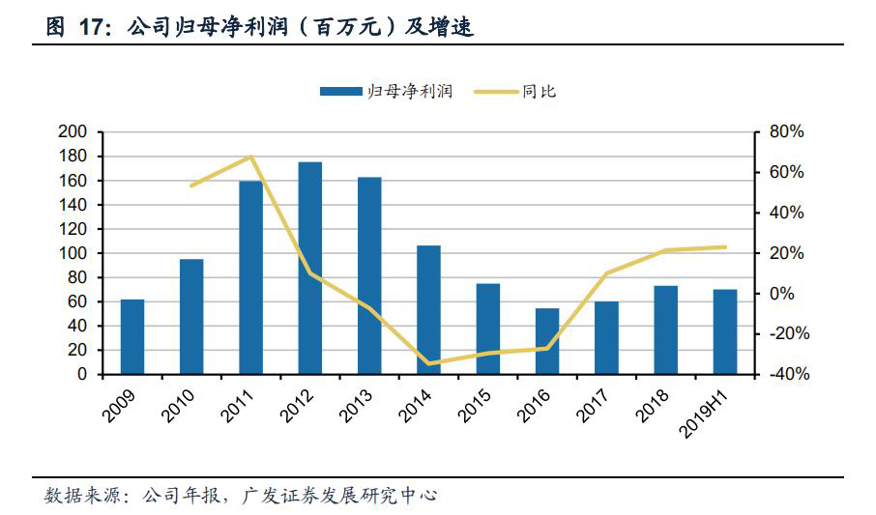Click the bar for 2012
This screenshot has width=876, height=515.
309,268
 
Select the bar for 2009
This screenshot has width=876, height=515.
132,336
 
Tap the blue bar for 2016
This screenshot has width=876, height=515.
547,341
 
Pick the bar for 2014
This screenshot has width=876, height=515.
428,309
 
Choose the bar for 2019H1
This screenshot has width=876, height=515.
725,331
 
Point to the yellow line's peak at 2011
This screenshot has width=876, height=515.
250,157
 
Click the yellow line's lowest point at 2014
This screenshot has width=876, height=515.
428,363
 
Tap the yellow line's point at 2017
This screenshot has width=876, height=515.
606,273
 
